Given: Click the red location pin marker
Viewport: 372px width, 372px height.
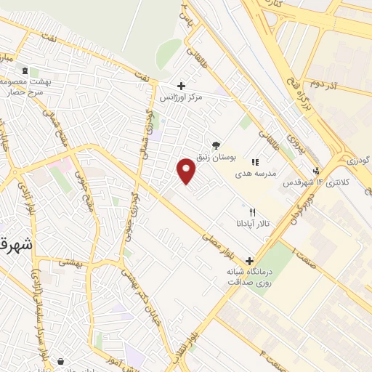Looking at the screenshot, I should pos(187,171).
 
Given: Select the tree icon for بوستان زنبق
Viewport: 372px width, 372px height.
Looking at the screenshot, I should pos(215,146).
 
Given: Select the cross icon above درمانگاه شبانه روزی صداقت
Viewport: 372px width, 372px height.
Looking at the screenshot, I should pos(249,260).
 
